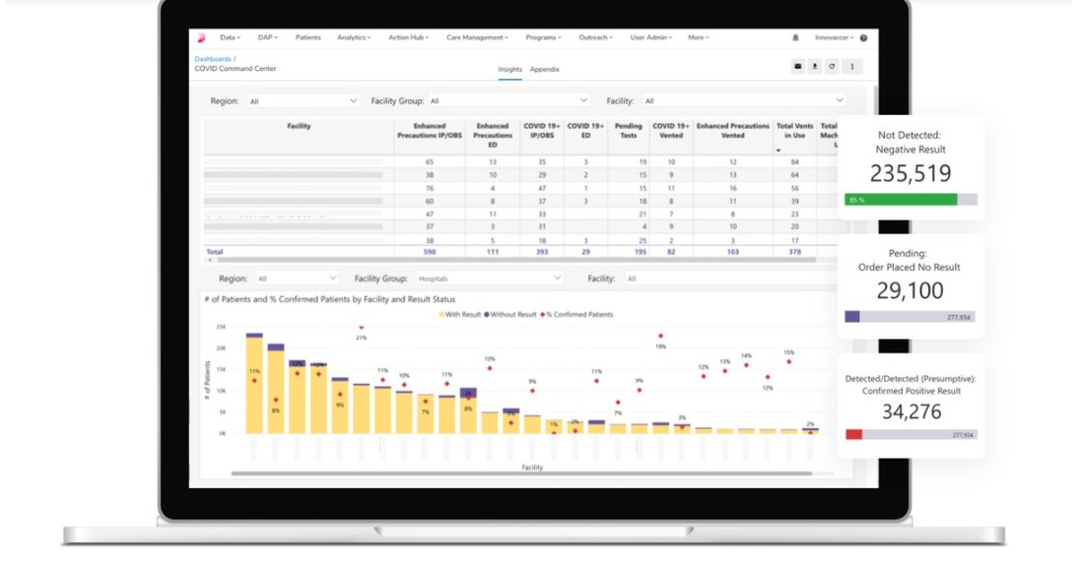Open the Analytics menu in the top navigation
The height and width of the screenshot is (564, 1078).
tap(353, 37)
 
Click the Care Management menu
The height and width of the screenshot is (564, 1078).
tap(476, 37)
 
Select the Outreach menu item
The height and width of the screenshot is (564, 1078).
tap(594, 37)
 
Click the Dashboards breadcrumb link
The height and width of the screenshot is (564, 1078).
tap(212, 59)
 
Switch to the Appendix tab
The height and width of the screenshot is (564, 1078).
tap(544, 69)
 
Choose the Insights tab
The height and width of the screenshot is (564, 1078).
tap(509, 69)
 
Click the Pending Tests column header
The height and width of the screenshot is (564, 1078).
tap(628, 130)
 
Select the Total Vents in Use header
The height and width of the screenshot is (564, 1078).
tap(794, 130)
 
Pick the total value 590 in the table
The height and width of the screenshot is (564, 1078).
tap(430, 252)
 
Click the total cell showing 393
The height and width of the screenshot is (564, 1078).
tap(541, 252)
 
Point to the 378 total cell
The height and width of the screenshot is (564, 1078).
tap(794, 252)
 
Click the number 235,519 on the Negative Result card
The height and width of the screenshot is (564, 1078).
tap(910, 173)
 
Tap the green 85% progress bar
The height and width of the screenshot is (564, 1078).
tap(900, 200)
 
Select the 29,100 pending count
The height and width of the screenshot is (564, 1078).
tap(910, 290)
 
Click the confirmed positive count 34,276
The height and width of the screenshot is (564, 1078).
tap(910, 411)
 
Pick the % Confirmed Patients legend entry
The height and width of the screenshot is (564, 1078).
tap(579, 314)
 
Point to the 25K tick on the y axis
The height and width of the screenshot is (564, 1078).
tap(221, 327)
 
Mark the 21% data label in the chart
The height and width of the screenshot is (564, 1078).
tap(362, 338)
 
